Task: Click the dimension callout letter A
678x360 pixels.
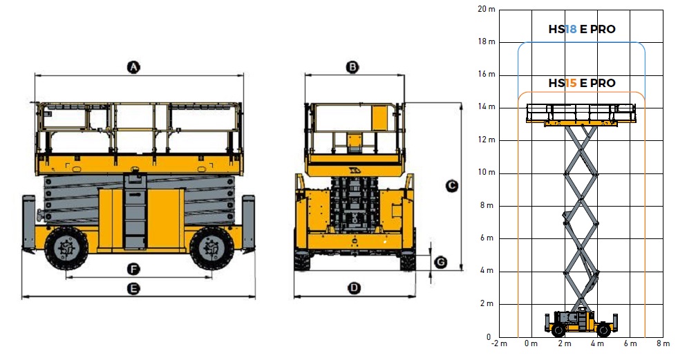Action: pos(134,68)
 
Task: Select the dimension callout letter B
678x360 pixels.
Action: pos(353,68)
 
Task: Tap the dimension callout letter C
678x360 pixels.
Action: pos(451,187)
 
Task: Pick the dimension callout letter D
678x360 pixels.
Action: pos(354,288)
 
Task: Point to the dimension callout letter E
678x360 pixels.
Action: pos(134,288)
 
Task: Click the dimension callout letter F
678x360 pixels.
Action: pos(133,269)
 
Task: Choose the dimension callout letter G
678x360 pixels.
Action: pos(441,263)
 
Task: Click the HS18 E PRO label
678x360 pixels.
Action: pos(581,30)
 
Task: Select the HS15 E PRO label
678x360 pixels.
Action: pos(581,83)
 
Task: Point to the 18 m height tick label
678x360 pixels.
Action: pos(486,42)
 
